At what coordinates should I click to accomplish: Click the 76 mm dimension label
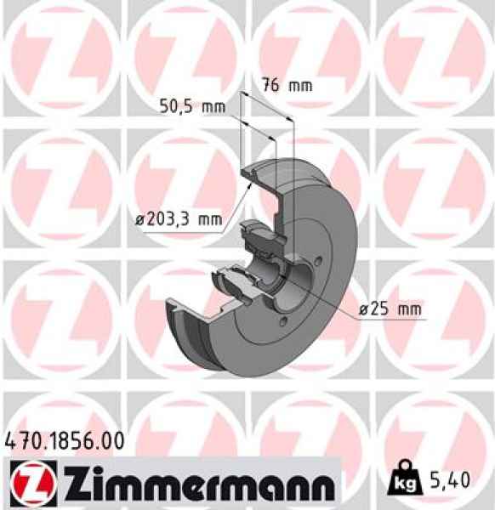click(x=287, y=85)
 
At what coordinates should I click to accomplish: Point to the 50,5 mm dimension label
click(x=192, y=106)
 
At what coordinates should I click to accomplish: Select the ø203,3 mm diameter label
click(x=178, y=219)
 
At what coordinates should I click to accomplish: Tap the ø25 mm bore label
click(x=390, y=310)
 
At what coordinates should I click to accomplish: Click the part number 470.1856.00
click(x=65, y=441)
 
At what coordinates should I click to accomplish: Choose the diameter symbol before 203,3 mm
click(x=139, y=220)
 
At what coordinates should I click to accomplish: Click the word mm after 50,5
click(x=213, y=106)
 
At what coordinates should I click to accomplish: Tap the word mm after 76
click(x=300, y=85)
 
